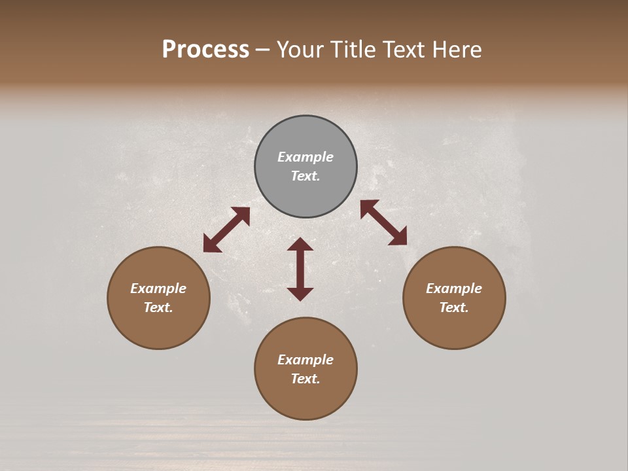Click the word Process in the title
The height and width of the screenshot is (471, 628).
click(205, 50)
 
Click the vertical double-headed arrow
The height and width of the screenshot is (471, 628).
click(300, 270)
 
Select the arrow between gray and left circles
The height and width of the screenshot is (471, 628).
click(227, 230)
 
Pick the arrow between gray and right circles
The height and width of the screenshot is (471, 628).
click(384, 222)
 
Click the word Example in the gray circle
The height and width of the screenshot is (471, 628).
click(305, 157)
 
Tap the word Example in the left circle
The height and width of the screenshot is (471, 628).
click(158, 288)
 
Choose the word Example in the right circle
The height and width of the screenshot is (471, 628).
click(454, 288)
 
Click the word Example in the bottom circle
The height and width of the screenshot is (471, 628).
click(305, 360)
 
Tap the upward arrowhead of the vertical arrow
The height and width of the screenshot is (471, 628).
click(300, 244)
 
